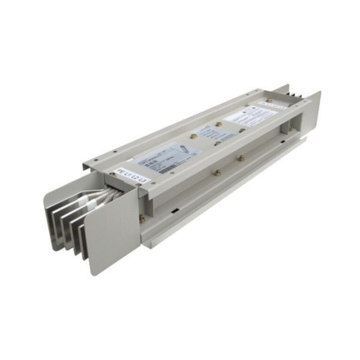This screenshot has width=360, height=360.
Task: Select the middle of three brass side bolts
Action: point(217,173)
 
